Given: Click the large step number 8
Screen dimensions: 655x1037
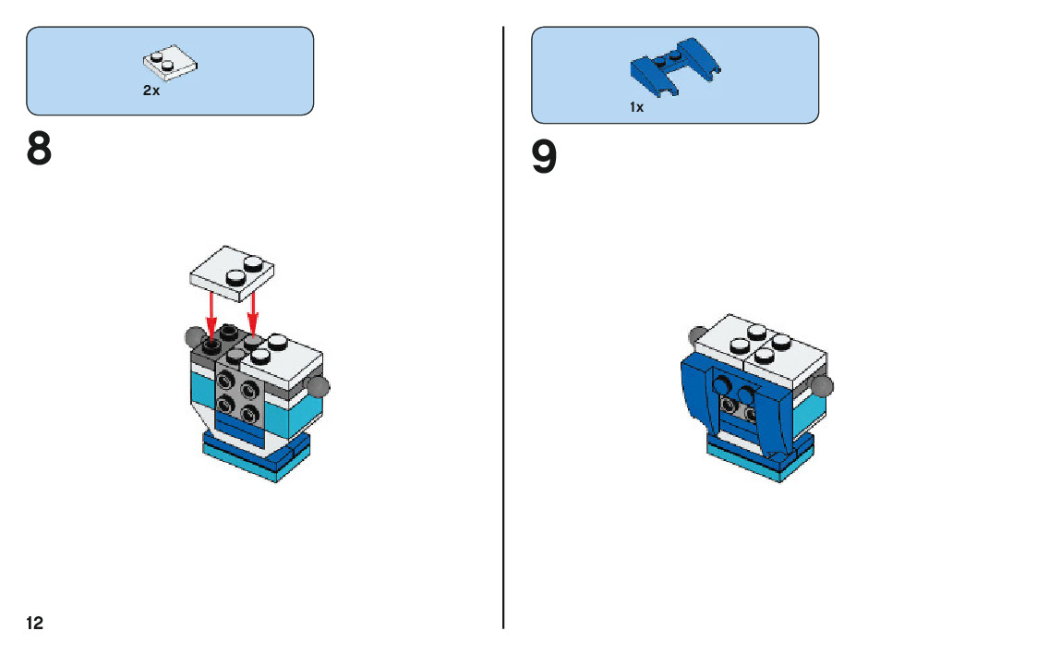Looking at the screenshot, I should pos(40,150).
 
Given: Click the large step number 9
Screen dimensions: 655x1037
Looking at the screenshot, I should pos(544,157).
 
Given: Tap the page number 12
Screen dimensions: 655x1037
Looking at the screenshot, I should pos(34,624).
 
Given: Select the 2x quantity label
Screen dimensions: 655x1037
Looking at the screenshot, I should pos(151,91).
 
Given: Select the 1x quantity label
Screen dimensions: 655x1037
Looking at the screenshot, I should pos(636,107).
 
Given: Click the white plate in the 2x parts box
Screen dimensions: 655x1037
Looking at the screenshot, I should pos(172,63).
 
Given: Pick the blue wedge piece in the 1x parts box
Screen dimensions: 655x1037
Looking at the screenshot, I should pos(674,67).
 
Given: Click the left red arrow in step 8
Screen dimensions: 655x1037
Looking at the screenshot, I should pos(211,314).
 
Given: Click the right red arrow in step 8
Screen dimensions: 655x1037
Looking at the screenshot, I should pos(252,314).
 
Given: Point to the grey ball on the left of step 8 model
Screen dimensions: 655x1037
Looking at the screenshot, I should pos(194,335).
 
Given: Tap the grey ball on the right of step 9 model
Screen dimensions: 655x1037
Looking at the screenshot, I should pos(821,386).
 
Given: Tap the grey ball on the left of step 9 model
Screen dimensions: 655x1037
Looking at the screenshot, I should pos(699,334).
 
